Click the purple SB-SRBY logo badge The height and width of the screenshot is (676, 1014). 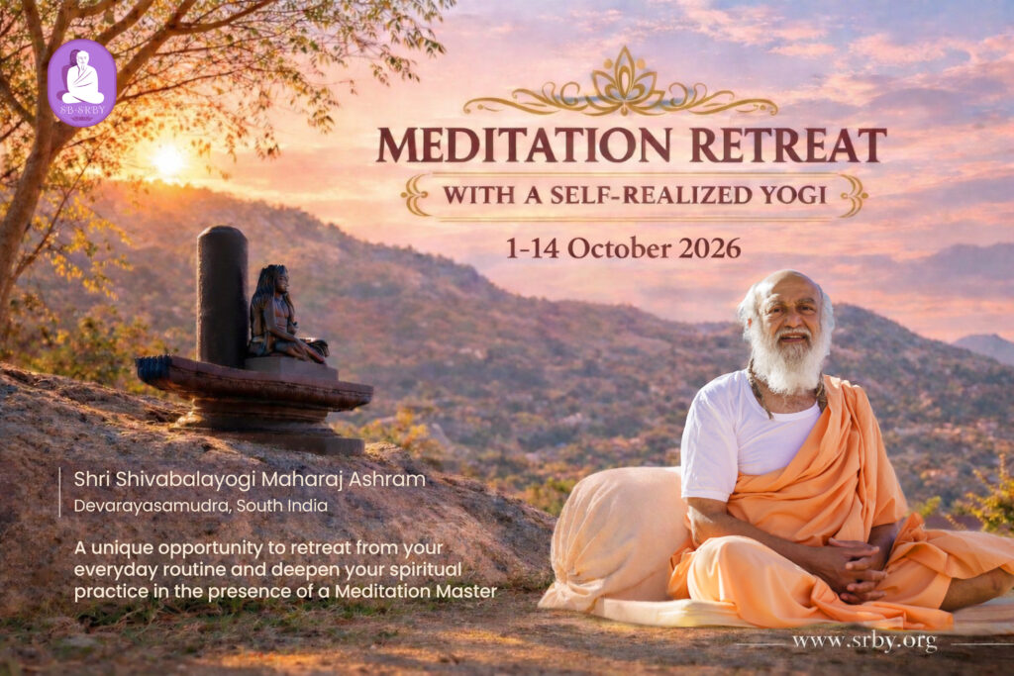[x=82, y=82]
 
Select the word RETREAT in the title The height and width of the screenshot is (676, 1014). [x=788, y=145]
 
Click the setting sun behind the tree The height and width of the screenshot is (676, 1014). [x=168, y=158]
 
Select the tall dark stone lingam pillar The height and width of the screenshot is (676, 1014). [x=222, y=296]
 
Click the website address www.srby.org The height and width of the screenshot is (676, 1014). [x=864, y=641]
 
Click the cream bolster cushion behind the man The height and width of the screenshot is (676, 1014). [x=614, y=536]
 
